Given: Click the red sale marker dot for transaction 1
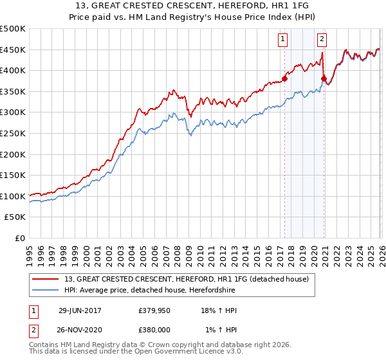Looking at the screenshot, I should click(x=284, y=80).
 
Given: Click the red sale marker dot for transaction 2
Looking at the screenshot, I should click(x=324, y=79).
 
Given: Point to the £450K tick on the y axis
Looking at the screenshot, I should click(x=13, y=50).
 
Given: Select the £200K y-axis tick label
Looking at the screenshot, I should click(x=13, y=154).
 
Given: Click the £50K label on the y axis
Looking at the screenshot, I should click(x=15, y=217).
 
